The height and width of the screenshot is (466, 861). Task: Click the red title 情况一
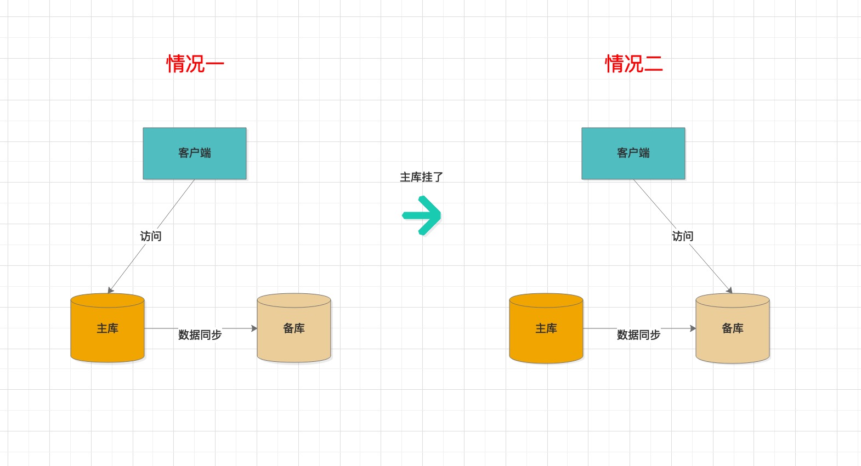tap(195, 64)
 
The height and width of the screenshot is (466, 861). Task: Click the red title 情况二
tap(634, 64)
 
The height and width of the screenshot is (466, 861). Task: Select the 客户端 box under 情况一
tap(195, 154)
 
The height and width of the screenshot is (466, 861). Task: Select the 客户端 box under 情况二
tap(633, 154)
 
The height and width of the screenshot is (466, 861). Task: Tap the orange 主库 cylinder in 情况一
tap(107, 328)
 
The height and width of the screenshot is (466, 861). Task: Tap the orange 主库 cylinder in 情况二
tap(546, 328)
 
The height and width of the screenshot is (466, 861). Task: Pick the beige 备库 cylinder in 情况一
tap(294, 328)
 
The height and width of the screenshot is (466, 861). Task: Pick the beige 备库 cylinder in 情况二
tap(733, 328)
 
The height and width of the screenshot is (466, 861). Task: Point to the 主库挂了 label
tap(421, 177)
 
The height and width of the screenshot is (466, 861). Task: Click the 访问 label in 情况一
tap(151, 236)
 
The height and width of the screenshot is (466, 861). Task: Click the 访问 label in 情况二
tap(683, 236)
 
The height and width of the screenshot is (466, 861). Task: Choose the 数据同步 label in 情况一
tap(200, 334)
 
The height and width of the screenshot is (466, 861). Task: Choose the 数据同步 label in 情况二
tap(639, 334)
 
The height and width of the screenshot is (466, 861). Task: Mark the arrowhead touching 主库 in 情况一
tap(110, 290)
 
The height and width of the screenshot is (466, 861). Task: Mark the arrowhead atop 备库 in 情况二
tap(729, 290)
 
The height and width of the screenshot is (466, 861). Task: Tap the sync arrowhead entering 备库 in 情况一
tap(254, 328)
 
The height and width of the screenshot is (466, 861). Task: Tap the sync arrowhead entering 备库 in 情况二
tap(693, 328)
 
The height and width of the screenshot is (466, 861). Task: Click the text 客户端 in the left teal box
tap(195, 153)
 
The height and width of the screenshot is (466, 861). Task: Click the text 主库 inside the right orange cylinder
tap(546, 328)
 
